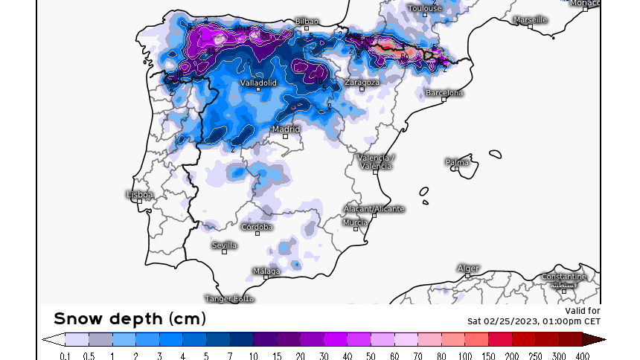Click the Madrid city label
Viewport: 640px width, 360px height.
286,129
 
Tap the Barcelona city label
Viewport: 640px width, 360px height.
444,93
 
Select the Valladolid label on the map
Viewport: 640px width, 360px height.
258,83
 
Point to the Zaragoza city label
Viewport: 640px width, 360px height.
362,82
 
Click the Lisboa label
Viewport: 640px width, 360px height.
140,195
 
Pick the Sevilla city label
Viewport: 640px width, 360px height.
224,245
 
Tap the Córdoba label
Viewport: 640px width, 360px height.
257,227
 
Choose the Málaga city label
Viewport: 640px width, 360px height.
266,271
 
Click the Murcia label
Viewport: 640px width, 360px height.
355,222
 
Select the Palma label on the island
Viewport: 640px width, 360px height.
457,161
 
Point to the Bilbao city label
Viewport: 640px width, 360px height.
307,22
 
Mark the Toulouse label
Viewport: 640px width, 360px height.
425,8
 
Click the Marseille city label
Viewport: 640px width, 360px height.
530,19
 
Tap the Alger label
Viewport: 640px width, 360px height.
468,268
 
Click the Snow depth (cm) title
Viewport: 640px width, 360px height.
129,318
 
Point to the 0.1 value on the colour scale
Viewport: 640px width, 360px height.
65,356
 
